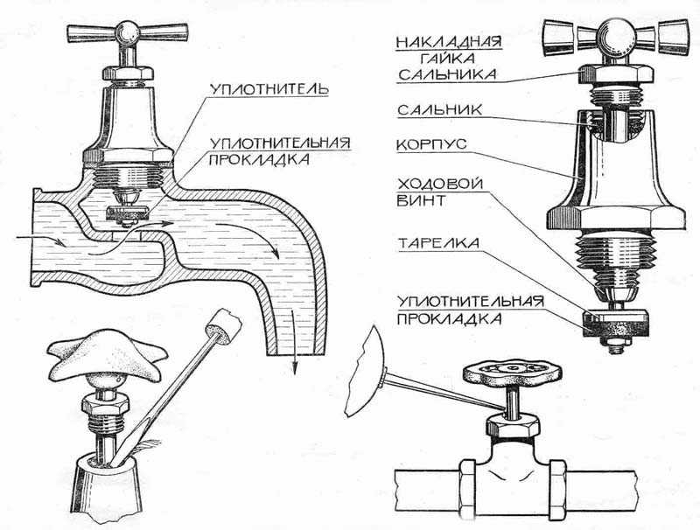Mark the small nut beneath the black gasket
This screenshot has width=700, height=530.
tap(612, 347)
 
